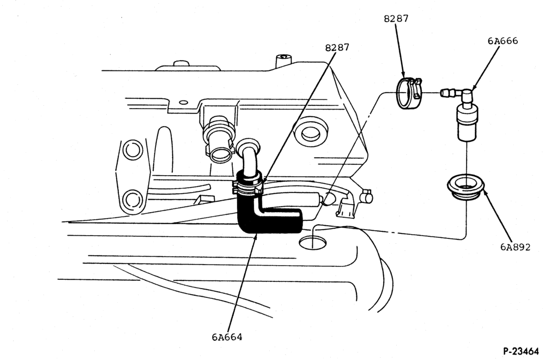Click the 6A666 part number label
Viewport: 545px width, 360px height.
502,41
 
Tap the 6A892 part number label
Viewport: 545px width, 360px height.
516,247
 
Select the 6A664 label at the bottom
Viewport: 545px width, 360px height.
227,337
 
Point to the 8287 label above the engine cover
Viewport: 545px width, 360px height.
337,47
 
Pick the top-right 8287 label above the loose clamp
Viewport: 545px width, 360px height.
396,19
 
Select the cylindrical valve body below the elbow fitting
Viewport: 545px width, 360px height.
467,123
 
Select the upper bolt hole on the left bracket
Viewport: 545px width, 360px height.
132,150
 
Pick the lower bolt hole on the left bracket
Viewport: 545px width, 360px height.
132,200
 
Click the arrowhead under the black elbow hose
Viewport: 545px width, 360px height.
256,238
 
